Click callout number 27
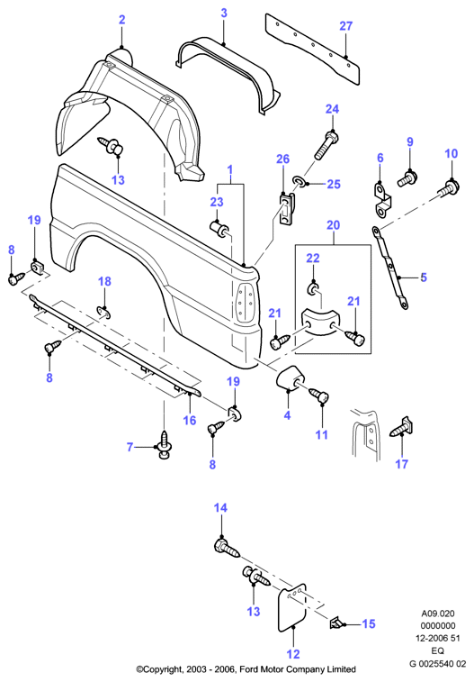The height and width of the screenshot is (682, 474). click(x=346, y=26)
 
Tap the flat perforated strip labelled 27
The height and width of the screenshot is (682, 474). click(x=312, y=48)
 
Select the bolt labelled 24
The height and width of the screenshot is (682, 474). click(x=326, y=146)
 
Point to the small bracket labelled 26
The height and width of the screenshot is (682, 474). click(x=286, y=209)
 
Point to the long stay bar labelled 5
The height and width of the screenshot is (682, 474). click(x=389, y=267)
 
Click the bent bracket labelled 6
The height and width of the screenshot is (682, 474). click(x=382, y=201)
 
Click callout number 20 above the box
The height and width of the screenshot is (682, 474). click(x=333, y=225)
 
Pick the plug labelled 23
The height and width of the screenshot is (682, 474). click(x=220, y=227)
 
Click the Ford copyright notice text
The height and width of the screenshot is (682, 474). click(x=246, y=669)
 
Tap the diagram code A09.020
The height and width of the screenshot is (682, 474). click(x=437, y=614)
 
